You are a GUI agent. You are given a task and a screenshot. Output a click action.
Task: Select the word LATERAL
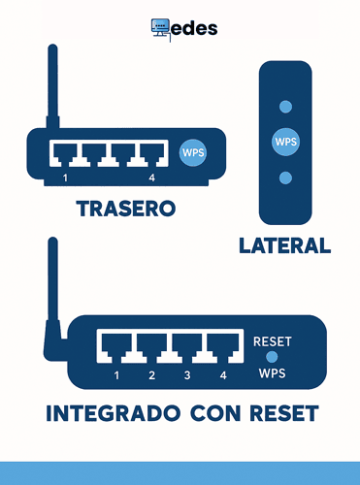coord(284,245)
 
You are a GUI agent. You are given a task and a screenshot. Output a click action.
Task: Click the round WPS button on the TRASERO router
coord(194,152)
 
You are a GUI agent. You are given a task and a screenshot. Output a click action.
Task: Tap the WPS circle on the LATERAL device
coord(285,142)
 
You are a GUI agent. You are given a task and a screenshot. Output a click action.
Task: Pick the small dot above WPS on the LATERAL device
coord(285,107)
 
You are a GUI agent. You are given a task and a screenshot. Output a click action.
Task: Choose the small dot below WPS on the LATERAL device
coord(285,178)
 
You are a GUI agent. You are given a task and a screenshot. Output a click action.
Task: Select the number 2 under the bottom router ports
coord(151,374)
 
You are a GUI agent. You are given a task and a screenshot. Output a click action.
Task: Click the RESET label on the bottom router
coord(272,341)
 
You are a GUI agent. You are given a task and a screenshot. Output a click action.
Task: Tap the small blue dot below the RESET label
coord(272,358)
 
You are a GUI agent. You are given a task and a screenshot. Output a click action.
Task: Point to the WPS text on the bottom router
coord(272,373)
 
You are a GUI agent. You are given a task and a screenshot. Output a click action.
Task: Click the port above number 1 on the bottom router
coord(116,344)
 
